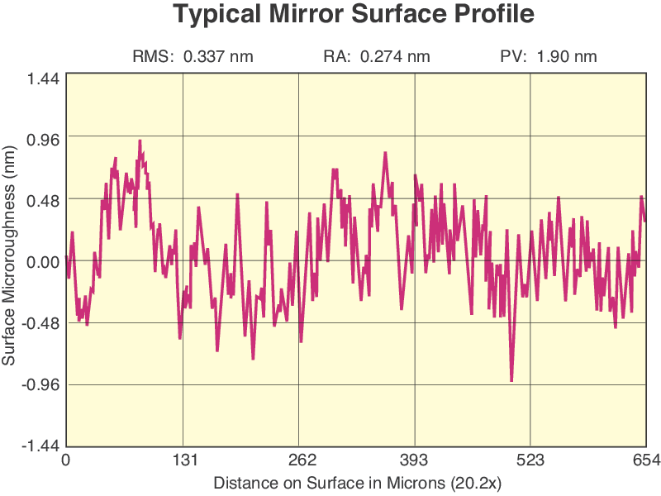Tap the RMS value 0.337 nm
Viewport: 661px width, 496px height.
pyautogui.click(x=217, y=57)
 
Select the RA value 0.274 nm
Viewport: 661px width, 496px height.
pyautogui.click(x=395, y=57)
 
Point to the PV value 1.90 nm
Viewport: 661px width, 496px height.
pyautogui.click(x=566, y=57)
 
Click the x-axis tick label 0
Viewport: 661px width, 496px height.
pyautogui.click(x=66, y=460)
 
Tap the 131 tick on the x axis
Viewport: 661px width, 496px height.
pyautogui.click(x=183, y=460)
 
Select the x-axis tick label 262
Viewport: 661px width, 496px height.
pyautogui.click(x=298, y=460)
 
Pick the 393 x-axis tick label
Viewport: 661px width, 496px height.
pyautogui.click(x=414, y=460)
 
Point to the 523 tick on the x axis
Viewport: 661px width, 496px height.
pyautogui.click(x=530, y=460)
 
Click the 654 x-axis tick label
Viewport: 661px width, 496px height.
pyautogui.click(x=645, y=460)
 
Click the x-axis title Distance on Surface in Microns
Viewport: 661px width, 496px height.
pyautogui.click(x=357, y=481)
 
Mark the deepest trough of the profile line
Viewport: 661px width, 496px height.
pyautogui.click(x=512, y=380)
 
